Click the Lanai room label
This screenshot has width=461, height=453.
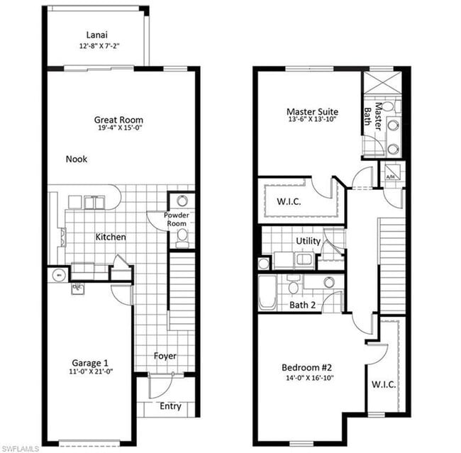(x=98, y=35)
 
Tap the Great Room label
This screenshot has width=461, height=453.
(x=119, y=120)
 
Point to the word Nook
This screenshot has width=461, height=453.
(x=77, y=160)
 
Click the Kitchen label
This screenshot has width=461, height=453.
(x=111, y=237)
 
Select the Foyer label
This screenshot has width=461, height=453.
(x=165, y=356)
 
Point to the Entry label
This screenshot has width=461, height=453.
(x=170, y=406)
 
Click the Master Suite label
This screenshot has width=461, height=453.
(x=312, y=112)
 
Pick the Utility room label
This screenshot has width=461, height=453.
(x=309, y=241)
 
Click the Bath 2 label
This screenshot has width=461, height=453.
(x=302, y=305)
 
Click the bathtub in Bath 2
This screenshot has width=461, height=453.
(x=267, y=291)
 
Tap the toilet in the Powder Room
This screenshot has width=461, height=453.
(x=182, y=234)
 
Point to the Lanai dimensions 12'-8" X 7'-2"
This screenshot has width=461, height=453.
(x=98, y=46)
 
